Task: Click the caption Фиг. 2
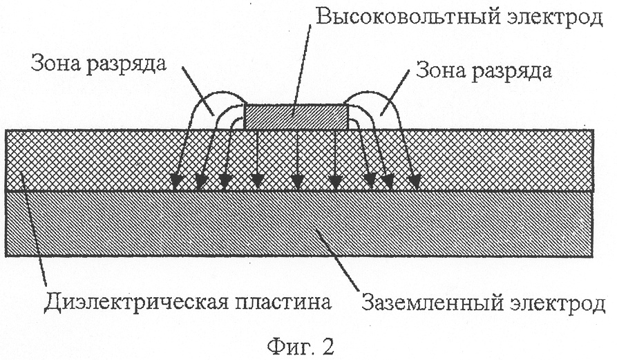coord(301,346)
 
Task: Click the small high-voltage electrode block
coord(296,117)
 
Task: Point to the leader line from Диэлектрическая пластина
coord(34,231)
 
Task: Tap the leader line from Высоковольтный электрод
coord(301,70)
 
